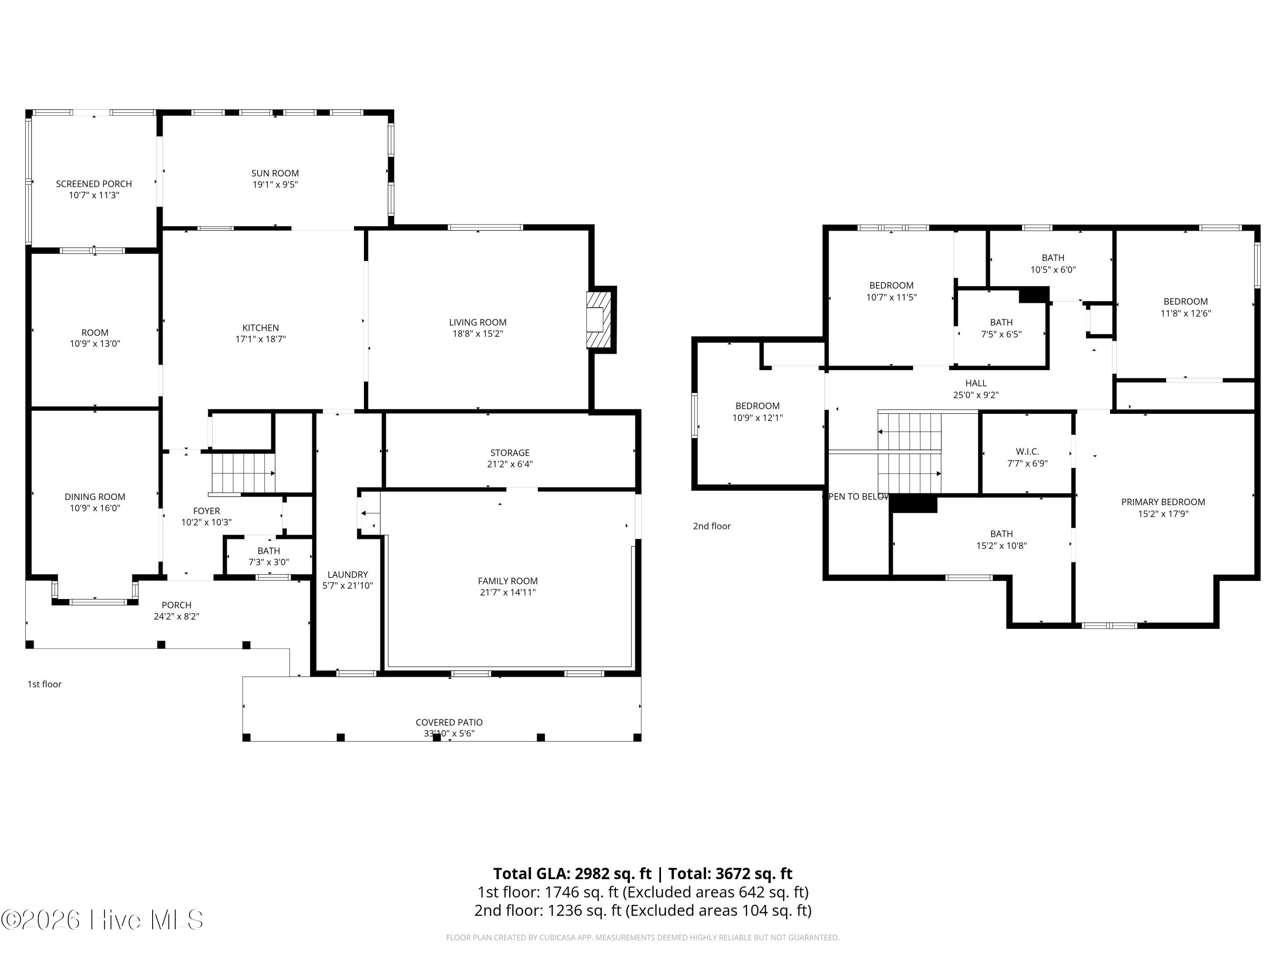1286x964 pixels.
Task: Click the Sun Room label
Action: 275,173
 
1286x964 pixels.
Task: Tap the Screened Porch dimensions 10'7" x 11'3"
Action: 94,195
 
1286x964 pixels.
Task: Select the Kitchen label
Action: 261,328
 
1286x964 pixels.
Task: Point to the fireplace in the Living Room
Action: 599,320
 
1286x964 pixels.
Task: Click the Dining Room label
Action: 95,497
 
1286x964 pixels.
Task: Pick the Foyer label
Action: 206,511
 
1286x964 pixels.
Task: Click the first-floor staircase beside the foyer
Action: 243,473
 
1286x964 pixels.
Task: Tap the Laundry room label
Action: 348,575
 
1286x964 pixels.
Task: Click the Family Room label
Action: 508,581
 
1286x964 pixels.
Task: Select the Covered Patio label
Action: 449,722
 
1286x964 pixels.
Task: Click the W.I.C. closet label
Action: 1027,452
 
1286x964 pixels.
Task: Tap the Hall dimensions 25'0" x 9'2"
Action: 976,395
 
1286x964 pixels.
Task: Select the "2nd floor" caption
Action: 712,526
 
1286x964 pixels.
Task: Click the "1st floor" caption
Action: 44,684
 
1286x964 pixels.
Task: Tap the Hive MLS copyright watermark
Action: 102,920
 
